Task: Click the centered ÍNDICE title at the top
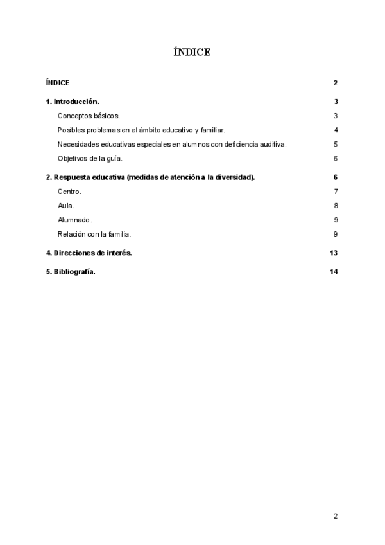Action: pyautogui.click(x=192, y=52)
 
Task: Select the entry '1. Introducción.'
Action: pyautogui.click(x=73, y=102)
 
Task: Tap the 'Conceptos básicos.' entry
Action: pyautogui.click(x=89, y=116)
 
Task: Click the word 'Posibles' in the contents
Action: pyautogui.click(x=71, y=130)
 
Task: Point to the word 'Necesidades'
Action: pyautogui.click(x=78, y=144)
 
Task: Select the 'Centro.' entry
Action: pyautogui.click(x=69, y=192)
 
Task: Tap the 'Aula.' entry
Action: pyautogui.click(x=66, y=206)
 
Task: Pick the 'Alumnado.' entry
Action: pyautogui.click(x=75, y=220)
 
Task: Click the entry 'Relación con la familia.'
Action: pyautogui.click(x=94, y=234)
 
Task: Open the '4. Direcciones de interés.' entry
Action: pyautogui.click(x=89, y=253)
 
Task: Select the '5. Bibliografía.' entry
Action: pyautogui.click(x=71, y=271)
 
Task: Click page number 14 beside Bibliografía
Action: pyautogui.click(x=333, y=271)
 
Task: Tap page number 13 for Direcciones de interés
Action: pyautogui.click(x=333, y=253)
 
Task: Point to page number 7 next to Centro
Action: pyautogui.click(x=336, y=192)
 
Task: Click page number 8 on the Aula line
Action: pyautogui.click(x=336, y=206)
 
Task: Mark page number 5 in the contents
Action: pyautogui.click(x=336, y=144)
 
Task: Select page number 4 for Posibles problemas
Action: pyautogui.click(x=336, y=130)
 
